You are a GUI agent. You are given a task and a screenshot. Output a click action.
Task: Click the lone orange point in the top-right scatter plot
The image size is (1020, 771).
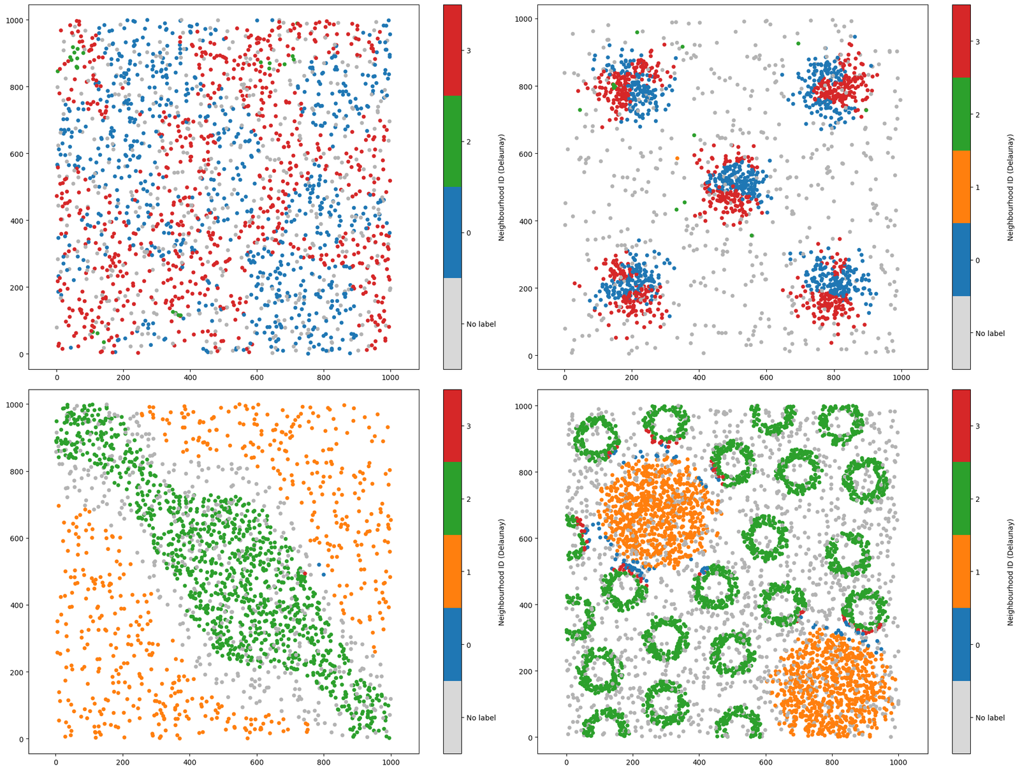pyautogui.click(x=677, y=158)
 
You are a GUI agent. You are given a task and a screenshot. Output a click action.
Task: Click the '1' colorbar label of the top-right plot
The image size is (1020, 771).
pyautogui.click(x=977, y=187)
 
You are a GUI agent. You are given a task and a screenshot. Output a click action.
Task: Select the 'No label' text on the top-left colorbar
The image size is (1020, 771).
pyautogui.click(x=481, y=324)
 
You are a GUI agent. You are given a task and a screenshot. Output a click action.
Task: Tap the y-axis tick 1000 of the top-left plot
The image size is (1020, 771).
pyautogui.click(x=15, y=20)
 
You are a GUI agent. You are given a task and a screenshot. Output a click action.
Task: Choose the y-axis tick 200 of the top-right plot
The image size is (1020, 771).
pyautogui.click(x=527, y=288)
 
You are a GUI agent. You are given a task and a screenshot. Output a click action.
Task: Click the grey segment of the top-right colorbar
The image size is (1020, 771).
pyautogui.click(x=961, y=333)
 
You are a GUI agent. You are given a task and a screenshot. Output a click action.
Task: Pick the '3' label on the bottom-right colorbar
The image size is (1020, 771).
pyautogui.click(x=977, y=426)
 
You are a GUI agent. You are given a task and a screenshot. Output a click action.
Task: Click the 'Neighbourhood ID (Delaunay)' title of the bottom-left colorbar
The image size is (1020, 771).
pyautogui.click(x=502, y=572)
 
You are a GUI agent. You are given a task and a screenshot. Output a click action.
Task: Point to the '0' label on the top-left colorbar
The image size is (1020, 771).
pyautogui.click(x=469, y=233)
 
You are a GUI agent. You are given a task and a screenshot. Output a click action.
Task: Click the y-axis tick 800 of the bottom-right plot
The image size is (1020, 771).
pyautogui.click(x=527, y=473)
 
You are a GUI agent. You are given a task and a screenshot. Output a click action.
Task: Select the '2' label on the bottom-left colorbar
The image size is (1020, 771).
pyautogui.click(x=469, y=499)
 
